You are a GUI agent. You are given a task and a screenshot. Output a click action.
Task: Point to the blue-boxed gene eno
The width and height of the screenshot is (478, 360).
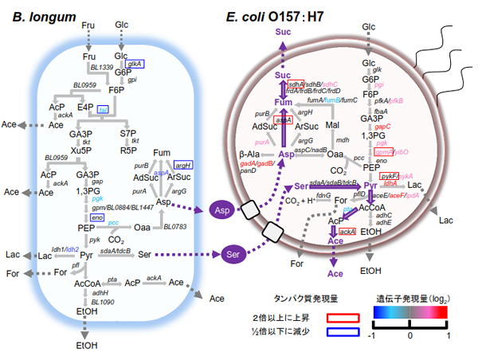pyautogui.click(x=97, y=217)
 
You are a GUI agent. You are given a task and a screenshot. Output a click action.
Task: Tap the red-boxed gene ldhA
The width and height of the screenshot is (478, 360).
pyautogui.click(x=390, y=182)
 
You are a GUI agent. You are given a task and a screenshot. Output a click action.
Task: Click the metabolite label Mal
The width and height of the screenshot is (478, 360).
pyautogui.click(x=332, y=125)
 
